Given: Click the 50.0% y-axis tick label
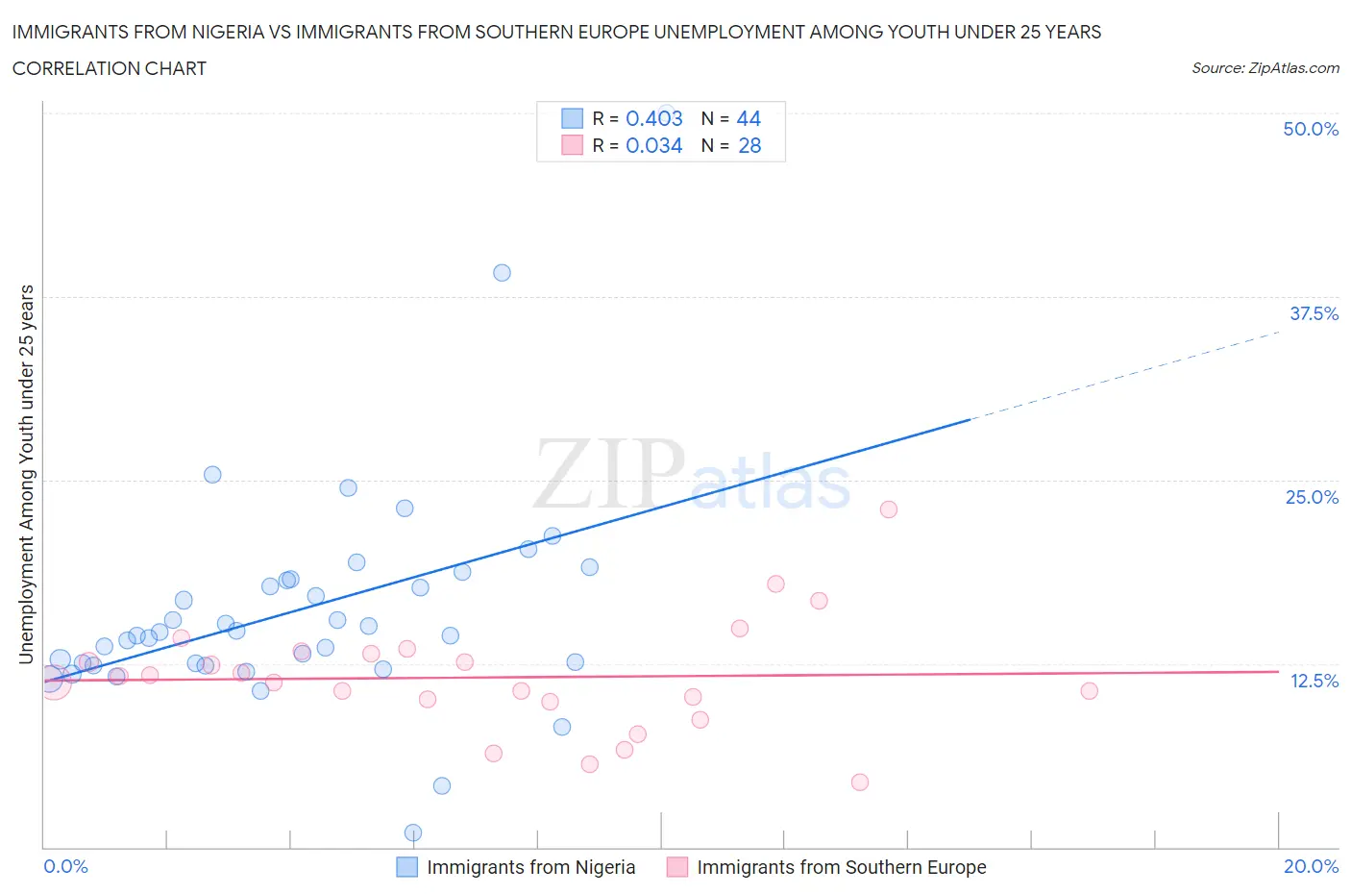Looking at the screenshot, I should (x=1311, y=129).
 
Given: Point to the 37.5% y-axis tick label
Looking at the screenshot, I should (x=1314, y=313).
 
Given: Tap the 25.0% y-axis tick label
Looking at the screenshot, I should (x=1312, y=497).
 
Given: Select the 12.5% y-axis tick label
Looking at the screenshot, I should (x=1314, y=681).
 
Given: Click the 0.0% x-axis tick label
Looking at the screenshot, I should (x=65, y=866).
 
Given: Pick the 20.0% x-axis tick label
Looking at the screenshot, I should (x=1311, y=866).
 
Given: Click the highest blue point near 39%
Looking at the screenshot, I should (x=502, y=273).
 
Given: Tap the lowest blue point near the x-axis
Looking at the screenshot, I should (x=413, y=832).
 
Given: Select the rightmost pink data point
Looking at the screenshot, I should (x=1089, y=691).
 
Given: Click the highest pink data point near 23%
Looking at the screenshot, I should (x=889, y=509).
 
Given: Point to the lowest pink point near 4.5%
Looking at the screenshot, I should (x=860, y=782).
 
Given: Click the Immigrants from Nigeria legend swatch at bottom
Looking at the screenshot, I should (x=407, y=867).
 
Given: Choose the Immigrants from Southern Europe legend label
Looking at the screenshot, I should (x=841, y=867).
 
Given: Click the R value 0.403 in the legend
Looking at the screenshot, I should (x=653, y=118).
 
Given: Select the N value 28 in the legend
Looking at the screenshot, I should (x=749, y=145).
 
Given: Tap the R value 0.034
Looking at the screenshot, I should (x=653, y=145).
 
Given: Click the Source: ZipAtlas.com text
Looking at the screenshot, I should (x=1265, y=68).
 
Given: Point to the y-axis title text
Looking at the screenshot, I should (x=27, y=474).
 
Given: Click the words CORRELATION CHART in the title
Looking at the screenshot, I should (x=110, y=68).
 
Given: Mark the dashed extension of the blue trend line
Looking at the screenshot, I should (x=1124, y=375).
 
